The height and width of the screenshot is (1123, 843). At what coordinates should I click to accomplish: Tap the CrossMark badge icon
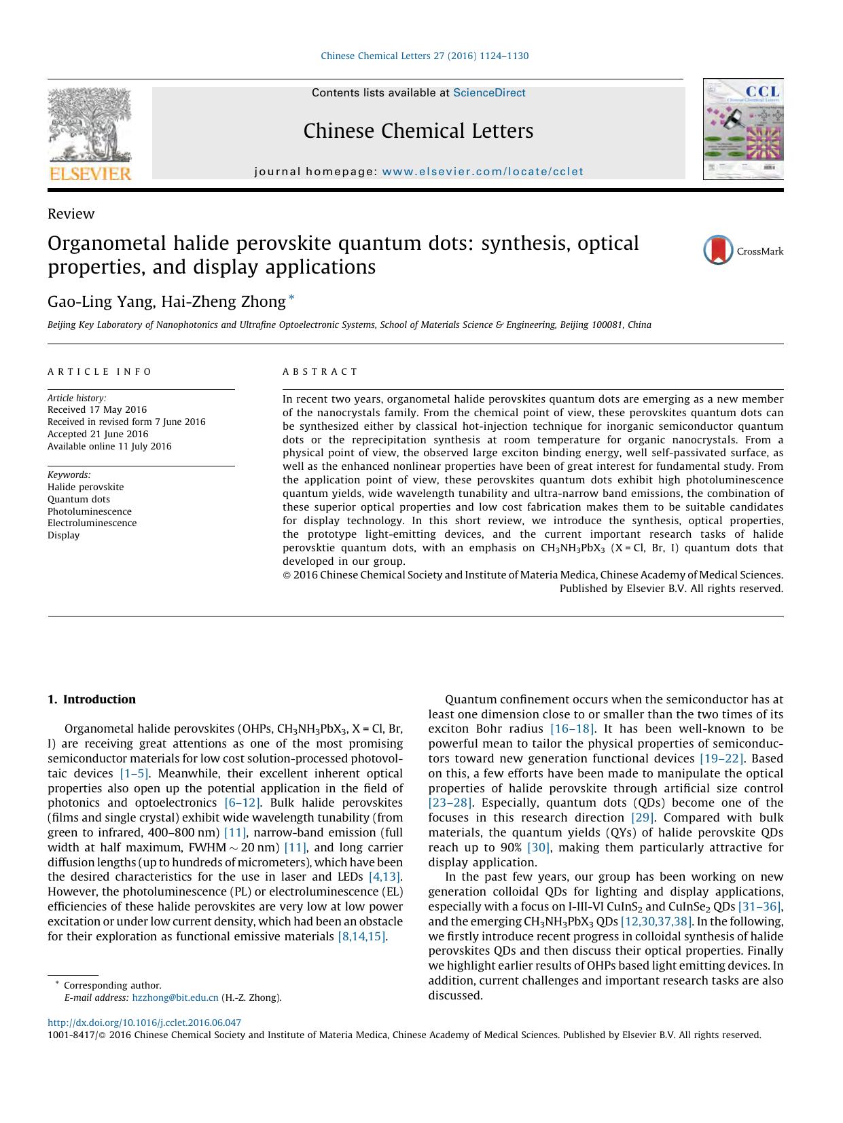(x=718, y=250)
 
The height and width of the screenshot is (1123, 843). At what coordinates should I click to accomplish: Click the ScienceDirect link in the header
(x=489, y=93)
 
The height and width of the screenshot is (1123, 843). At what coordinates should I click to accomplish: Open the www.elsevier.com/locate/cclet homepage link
(x=482, y=172)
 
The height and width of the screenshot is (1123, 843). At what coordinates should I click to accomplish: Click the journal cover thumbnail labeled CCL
(x=743, y=129)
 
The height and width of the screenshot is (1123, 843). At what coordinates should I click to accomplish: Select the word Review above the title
(x=71, y=214)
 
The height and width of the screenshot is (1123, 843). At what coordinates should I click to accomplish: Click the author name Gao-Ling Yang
(x=99, y=301)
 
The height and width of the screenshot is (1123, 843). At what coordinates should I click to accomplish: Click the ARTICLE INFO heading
(x=100, y=371)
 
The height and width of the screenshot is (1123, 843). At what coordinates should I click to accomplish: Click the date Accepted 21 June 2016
(x=98, y=434)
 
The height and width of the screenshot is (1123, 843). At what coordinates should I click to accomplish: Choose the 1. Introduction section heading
(x=92, y=699)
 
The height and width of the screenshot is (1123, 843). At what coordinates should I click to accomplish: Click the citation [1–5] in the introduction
(x=134, y=773)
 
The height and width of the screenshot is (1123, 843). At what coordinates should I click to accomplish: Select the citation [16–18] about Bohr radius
(x=572, y=729)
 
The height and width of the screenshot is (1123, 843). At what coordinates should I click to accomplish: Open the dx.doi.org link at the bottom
(x=144, y=1023)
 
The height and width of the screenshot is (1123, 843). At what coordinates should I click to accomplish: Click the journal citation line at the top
(x=424, y=56)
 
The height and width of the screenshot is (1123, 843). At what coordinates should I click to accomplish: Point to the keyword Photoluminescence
(x=90, y=511)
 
